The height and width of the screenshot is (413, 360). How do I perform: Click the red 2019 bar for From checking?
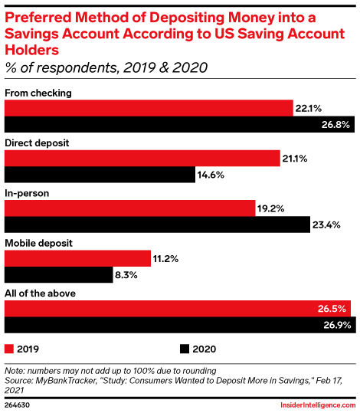click(x=149, y=108)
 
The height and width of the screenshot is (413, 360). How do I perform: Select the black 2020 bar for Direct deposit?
click(x=100, y=174)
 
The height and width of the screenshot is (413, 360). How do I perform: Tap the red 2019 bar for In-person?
click(x=129, y=208)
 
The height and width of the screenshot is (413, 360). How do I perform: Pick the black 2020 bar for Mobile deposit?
click(x=58, y=274)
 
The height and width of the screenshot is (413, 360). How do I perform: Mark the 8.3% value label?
click(x=129, y=274)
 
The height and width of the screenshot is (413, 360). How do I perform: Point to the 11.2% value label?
click(x=165, y=259)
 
